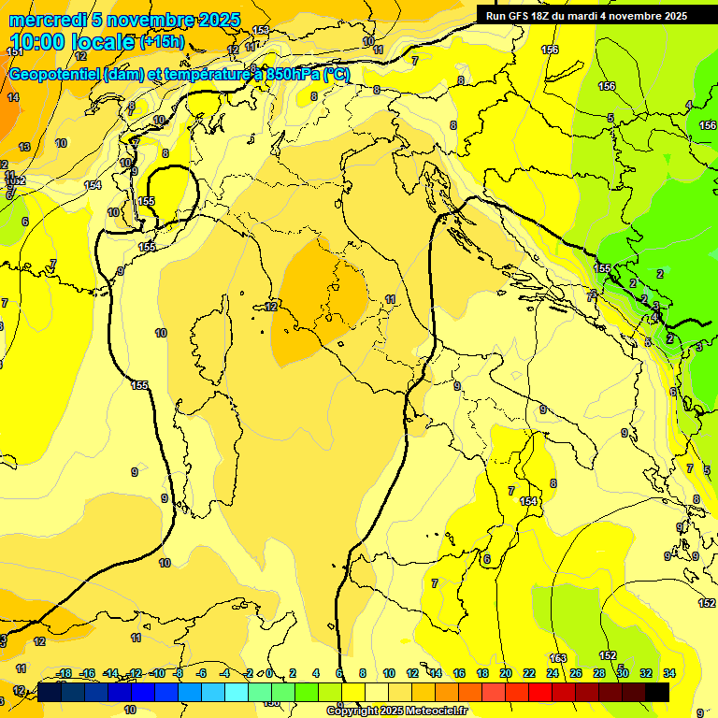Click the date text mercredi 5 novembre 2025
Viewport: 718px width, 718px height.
(x=123, y=20)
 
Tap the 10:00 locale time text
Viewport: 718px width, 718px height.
(x=72, y=42)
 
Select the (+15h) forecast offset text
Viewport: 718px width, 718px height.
(x=161, y=42)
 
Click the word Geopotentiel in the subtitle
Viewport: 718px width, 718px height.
(x=55, y=75)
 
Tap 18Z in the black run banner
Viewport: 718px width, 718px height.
(x=540, y=16)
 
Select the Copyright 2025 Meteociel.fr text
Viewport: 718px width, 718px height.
(x=395, y=711)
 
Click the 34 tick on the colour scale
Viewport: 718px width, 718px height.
(x=669, y=673)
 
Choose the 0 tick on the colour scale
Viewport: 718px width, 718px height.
(x=268, y=673)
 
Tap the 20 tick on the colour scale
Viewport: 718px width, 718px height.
(x=506, y=673)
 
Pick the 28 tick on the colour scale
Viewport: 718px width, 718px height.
(x=599, y=673)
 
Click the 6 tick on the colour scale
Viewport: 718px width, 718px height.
(x=337, y=673)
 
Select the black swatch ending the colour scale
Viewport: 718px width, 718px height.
(x=657, y=692)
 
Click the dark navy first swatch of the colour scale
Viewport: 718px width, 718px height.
(x=50, y=692)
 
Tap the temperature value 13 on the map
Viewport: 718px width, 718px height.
(x=24, y=147)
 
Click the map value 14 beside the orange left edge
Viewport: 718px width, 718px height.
(x=13, y=97)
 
